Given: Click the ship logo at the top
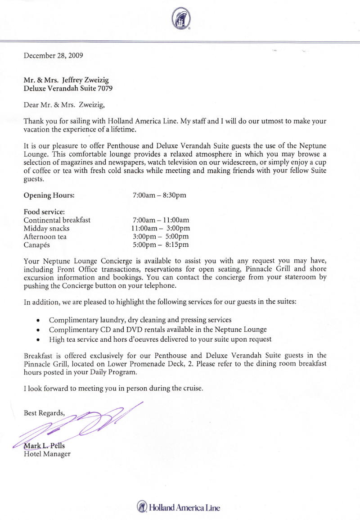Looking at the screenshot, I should (x=181, y=19).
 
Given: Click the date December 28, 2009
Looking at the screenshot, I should (x=53, y=56).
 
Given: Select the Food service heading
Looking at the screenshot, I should (x=44, y=212).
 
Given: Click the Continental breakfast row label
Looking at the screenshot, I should (x=57, y=220).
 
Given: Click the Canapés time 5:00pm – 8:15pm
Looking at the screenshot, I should (x=161, y=245).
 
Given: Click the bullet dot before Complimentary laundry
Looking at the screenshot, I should (x=38, y=321).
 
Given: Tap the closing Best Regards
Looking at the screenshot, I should (x=44, y=413).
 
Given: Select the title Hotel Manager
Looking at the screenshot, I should (x=47, y=454).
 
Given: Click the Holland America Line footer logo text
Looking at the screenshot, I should (x=184, y=508).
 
